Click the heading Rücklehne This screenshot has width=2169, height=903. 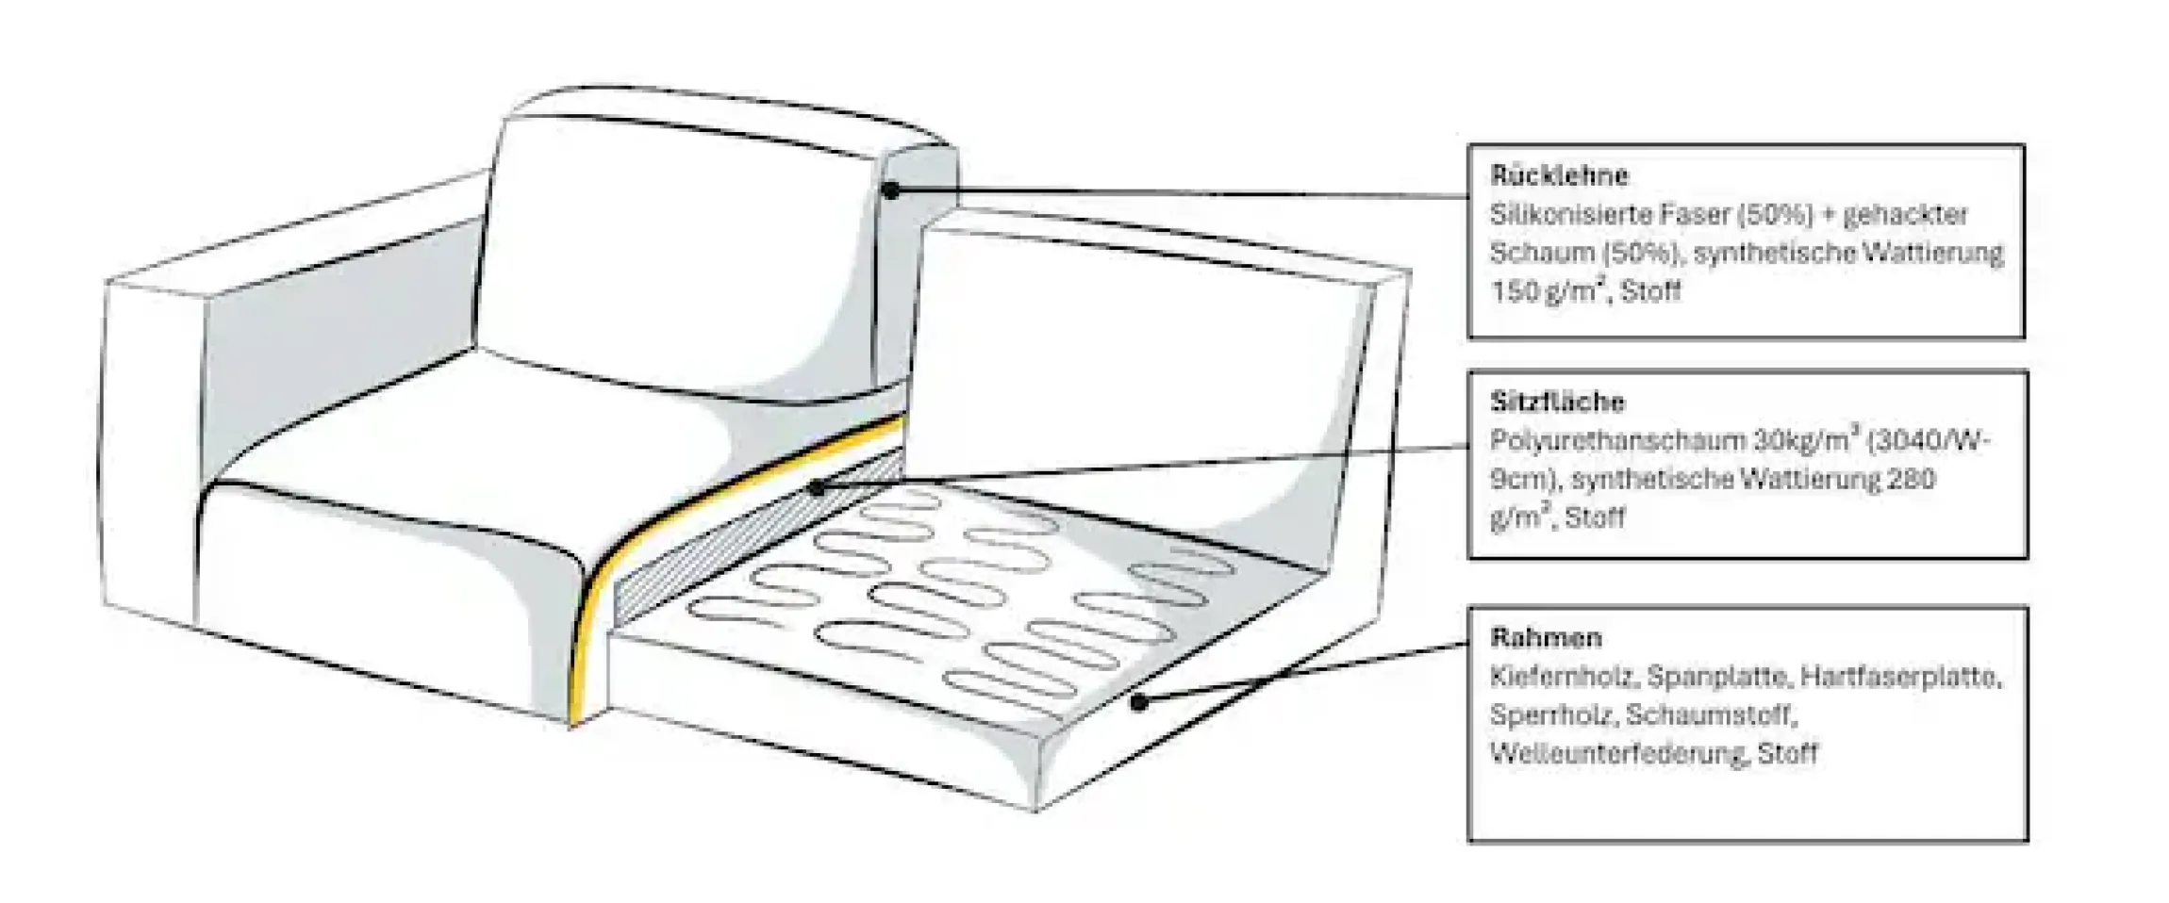[1559, 175]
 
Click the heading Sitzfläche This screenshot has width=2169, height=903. [1557, 402]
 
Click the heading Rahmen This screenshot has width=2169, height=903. [1546, 638]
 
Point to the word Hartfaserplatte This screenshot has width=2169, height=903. [1900, 678]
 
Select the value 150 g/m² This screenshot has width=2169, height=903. [1549, 290]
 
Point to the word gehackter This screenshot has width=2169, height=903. [1905, 215]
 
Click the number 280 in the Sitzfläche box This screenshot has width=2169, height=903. [1911, 479]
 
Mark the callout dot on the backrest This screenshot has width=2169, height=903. [890, 190]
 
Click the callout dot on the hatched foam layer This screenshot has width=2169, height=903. [817, 488]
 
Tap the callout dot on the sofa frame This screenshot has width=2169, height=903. [1139, 701]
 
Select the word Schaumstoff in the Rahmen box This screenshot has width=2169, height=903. [1711, 715]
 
